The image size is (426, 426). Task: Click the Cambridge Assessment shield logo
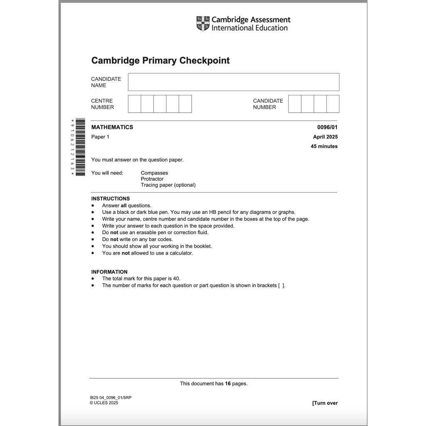click(x=203, y=24)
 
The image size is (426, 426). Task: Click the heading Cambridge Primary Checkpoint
click(x=160, y=61)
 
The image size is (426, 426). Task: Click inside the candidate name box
click(x=233, y=82)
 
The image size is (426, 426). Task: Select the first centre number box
click(x=134, y=104)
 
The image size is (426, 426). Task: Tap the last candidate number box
click(x=333, y=104)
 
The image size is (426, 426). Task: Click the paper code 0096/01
click(x=327, y=127)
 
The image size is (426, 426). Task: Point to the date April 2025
click(x=325, y=137)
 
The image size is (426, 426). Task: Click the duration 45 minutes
click(x=324, y=146)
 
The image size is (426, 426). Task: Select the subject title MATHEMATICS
click(x=112, y=127)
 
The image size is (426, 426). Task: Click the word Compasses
click(x=154, y=173)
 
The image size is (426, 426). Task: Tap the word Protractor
click(x=152, y=179)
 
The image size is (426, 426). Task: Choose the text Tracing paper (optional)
click(x=168, y=185)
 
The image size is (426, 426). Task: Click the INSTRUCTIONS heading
click(x=111, y=199)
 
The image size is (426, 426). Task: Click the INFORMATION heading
click(x=109, y=272)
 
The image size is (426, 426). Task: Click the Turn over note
click(x=325, y=403)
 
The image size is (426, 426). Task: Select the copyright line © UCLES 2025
click(x=104, y=403)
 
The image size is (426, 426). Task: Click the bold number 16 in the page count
click(x=228, y=384)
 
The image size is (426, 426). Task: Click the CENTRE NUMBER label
click(x=102, y=104)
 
